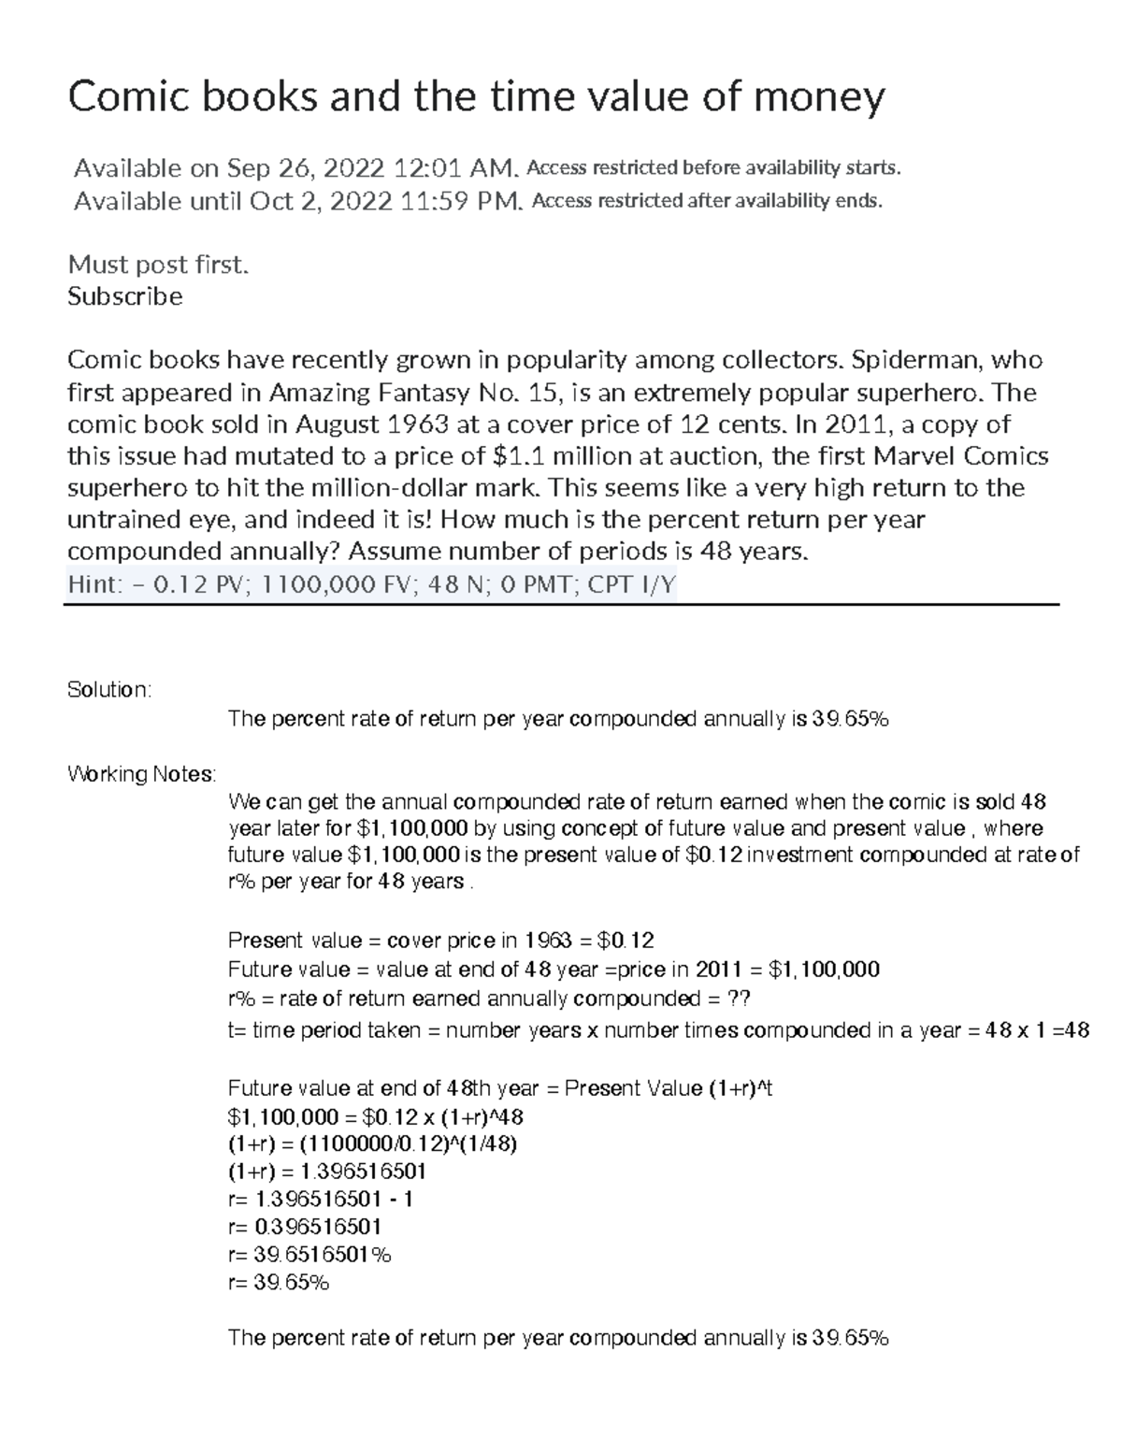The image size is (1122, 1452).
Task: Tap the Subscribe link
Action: [x=124, y=296]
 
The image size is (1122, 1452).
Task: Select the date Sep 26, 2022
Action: [x=305, y=168]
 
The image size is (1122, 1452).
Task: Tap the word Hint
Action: [x=93, y=585]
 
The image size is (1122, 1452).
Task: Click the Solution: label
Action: [x=108, y=690]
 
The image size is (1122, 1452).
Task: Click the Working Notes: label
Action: [x=141, y=774]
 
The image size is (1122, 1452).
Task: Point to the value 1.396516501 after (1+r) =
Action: [x=361, y=1172]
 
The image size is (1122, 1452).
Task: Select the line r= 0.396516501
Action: [x=305, y=1227]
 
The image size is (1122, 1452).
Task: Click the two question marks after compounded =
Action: [x=739, y=999]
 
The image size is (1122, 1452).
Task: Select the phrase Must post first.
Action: [x=158, y=265]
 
